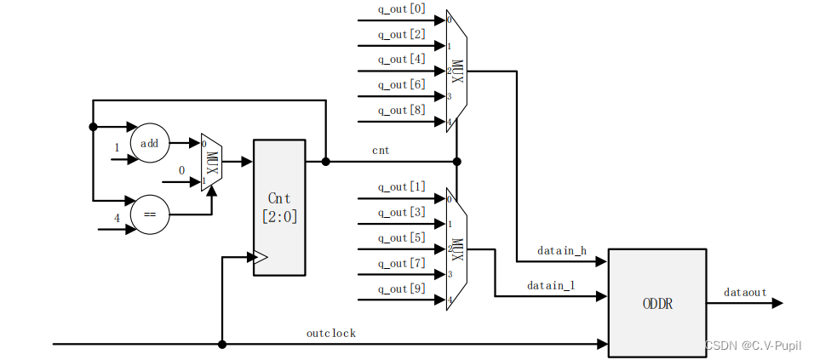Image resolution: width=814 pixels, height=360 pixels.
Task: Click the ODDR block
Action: coord(656,303)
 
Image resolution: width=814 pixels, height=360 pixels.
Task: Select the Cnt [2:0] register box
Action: coord(278,207)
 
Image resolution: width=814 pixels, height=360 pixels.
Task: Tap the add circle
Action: coord(150,143)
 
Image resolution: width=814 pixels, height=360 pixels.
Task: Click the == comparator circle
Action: coord(150,214)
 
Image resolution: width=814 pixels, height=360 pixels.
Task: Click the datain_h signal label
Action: coord(562,251)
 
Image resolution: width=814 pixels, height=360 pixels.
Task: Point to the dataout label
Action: coord(745,292)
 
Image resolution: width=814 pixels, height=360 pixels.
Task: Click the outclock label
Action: coord(331,333)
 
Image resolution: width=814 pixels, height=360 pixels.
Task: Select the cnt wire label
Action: coord(381,151)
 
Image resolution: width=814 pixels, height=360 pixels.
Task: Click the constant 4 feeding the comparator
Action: coord(117,218)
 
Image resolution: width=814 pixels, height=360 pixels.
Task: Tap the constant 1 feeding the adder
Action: coord(117,147)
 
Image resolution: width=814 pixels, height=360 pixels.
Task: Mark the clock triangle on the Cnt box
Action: coord(261,257)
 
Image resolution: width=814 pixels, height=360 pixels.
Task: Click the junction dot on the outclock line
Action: coord(222,345)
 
